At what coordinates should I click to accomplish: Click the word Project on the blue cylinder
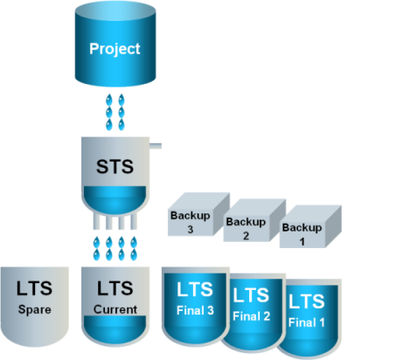115,49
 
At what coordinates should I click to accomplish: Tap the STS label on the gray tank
115,167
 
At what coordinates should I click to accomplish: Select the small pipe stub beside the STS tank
156,146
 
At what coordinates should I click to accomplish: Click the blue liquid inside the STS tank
115,200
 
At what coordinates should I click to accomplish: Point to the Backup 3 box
198,214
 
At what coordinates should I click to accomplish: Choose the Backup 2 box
254,220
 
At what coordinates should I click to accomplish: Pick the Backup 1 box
310,226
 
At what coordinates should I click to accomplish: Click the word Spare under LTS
35,309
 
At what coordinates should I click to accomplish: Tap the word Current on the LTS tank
115,309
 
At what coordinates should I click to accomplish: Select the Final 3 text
195,310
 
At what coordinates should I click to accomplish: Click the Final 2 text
251,316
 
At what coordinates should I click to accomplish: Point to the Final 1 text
307,322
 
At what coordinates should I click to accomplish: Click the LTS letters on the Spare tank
34,288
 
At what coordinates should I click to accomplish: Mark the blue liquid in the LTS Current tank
115,329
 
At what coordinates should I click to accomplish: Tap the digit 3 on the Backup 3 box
191,230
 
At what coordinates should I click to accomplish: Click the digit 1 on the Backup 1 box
302,242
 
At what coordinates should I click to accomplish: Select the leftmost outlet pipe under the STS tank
96,221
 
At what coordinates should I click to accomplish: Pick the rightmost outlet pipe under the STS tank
134,221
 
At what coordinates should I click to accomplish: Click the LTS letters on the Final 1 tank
307,301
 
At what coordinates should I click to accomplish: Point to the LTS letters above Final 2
251,295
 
